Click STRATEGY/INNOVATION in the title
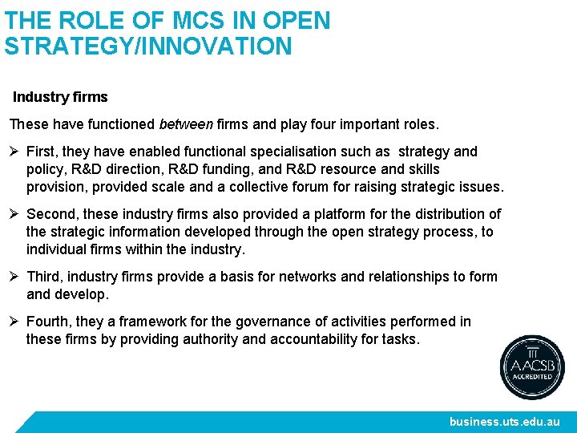[x=148, y=46]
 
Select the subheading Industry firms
[x=60, y=97]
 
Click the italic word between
[x=186, y=124]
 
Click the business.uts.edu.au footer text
[x=504, y=422]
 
